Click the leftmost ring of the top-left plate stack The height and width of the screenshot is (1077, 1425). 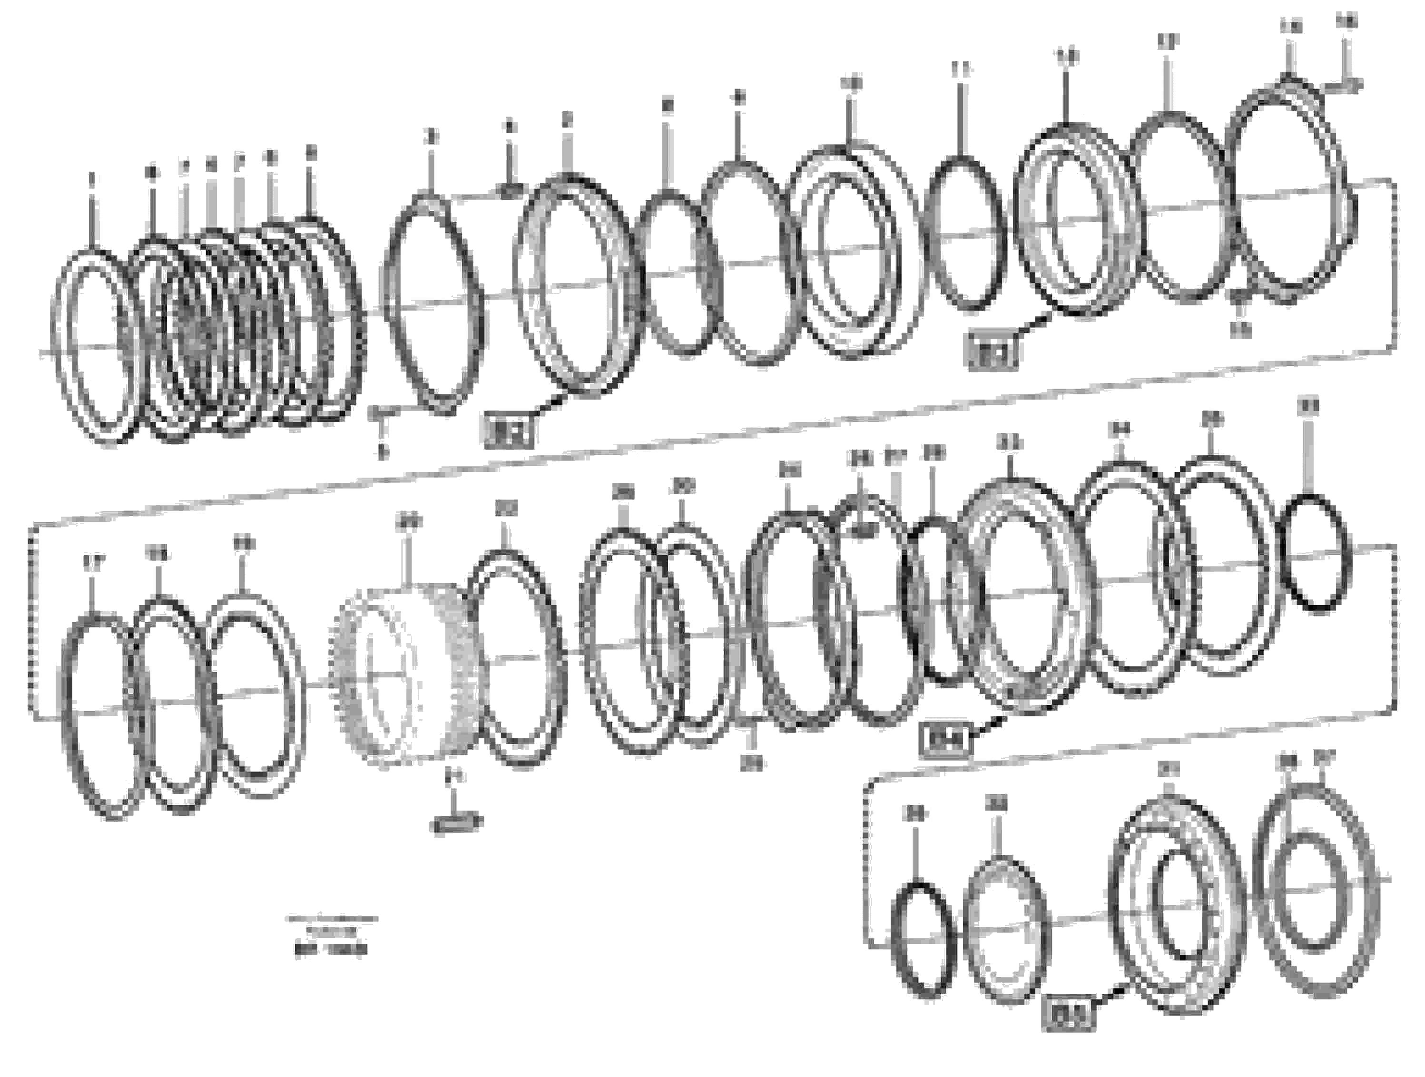(95, 346)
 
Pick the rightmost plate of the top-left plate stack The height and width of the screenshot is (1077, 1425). (335, 319)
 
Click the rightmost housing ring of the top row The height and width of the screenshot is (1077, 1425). (1288, 193)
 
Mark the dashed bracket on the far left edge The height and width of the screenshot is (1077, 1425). (31, 618)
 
